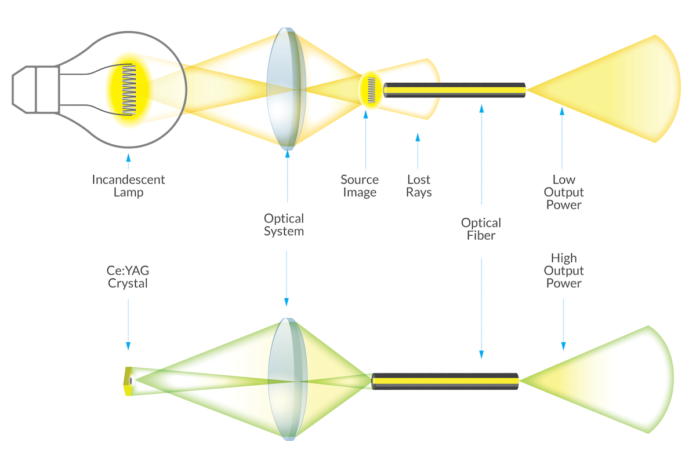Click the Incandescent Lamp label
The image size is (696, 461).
[128, 186]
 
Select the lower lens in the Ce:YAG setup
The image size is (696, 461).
[287, 379]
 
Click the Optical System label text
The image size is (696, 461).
[284, 225]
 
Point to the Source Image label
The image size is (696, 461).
[360, 186]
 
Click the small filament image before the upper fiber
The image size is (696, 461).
[371, 90]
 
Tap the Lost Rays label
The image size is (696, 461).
[419, 186]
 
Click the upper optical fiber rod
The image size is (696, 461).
[455, 90]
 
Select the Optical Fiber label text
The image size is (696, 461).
[481, 229]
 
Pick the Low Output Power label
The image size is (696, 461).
[563, 192]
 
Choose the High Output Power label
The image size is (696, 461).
[563, 270]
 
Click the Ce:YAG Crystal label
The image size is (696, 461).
[128, 277]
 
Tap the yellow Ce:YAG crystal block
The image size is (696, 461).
[128, 380]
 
